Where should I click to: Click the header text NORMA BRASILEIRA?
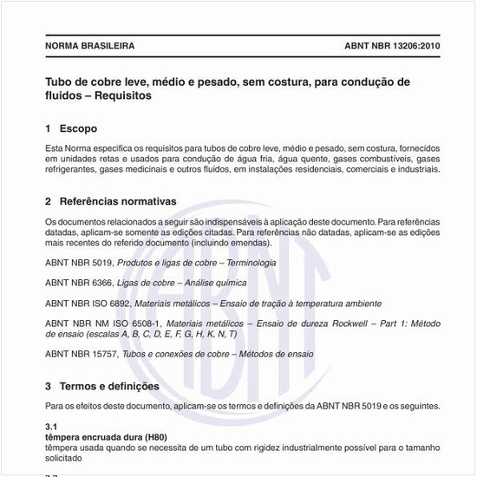point(89,45)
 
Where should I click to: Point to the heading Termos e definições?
point(109,386)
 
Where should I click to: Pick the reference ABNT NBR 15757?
point(82,354)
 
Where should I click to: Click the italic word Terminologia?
point(247,262)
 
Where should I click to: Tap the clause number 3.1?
point(50,428)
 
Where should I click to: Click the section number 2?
point(48,201)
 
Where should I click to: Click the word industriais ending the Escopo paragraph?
point(418,169)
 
